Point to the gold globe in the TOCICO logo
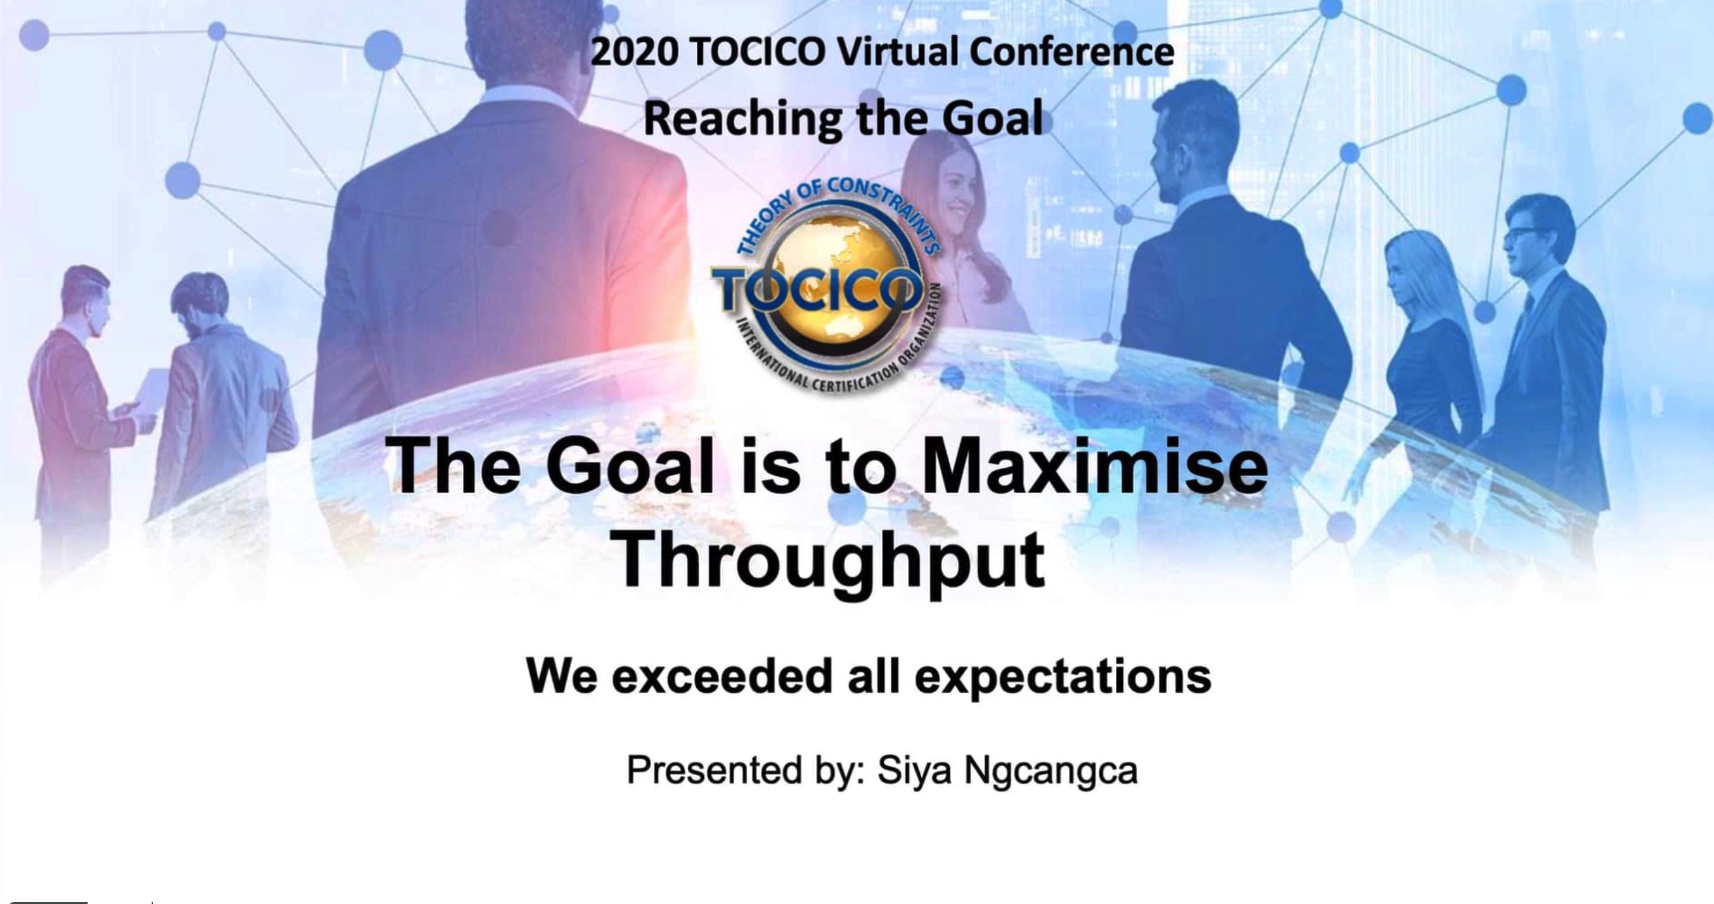pyautogui.click(x=825, y=292)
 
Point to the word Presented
pyautogui.click(x=714, y=769)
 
